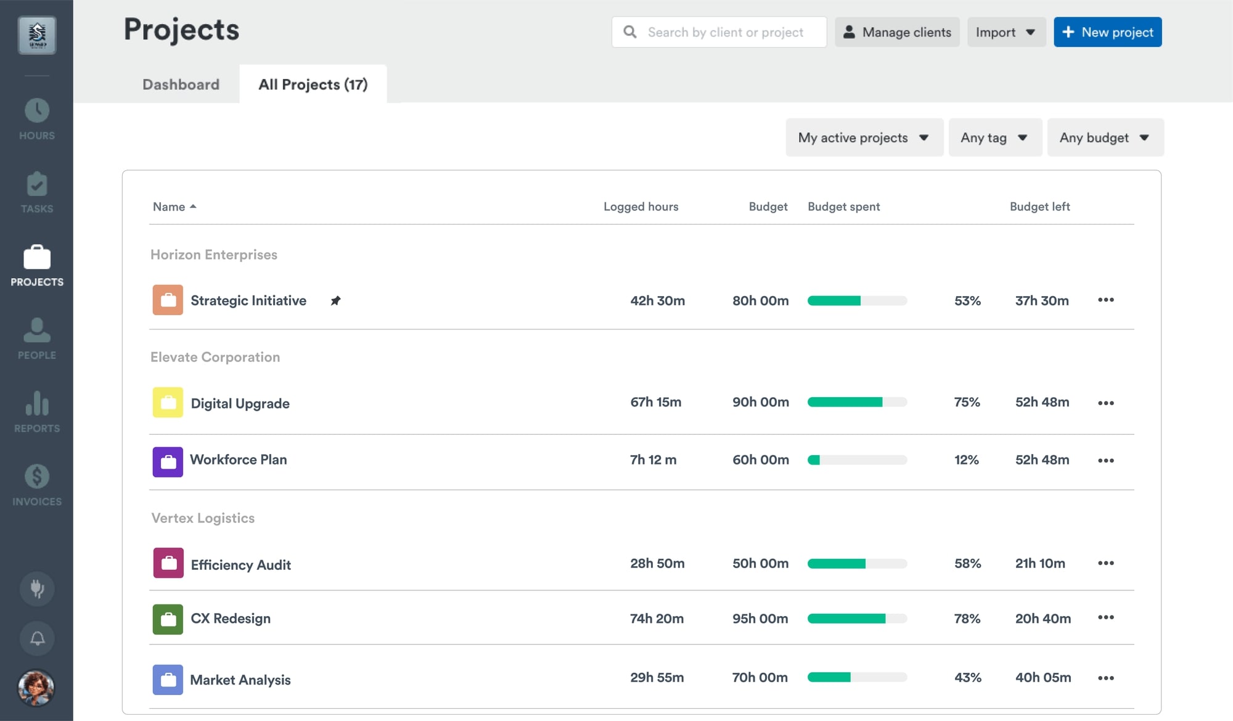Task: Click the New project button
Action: click(x=1107, y=32)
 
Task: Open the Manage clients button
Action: click(x=897, y=32)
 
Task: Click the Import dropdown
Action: click(x=1006, y=32)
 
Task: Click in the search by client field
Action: click(x=725, y=32)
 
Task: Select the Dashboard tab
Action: click(x=181, y=84)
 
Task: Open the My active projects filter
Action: click(x=864, y=138)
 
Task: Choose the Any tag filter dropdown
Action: click(x=994, y=138)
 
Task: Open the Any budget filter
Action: click(x=1105, y=138)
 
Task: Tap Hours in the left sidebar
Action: click(x=37, y=119)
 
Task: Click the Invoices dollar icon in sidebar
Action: click(x=37, y=477)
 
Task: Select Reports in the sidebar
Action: click(x=37, y=411)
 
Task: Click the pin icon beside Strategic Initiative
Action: click(x=335, y=300)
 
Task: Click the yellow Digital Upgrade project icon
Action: click(x=168, y=403)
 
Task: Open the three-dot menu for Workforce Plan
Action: click(x=1105, y=460)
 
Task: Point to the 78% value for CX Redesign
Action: click(x=967, y=619)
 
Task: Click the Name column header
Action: click(x=169, y=207)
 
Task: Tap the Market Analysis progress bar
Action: click(x=857, y=677)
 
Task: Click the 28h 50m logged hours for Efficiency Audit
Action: click(x=657, y=563)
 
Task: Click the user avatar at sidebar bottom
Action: click(x=36, y=688)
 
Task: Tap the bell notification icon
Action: click(x=37, y=638)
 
